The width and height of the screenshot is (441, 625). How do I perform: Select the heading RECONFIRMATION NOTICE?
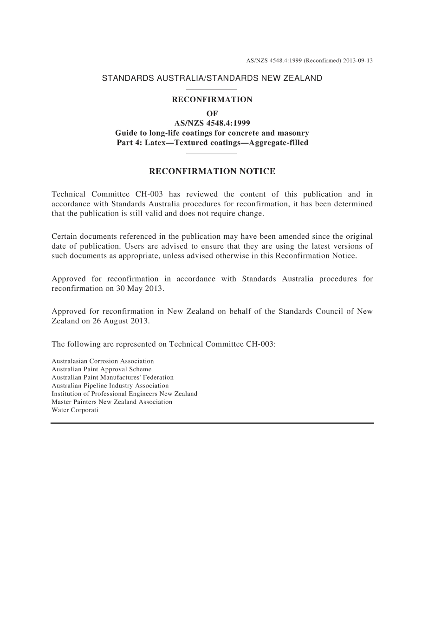click(212, 171)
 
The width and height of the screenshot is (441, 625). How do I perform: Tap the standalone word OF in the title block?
click(212, 113)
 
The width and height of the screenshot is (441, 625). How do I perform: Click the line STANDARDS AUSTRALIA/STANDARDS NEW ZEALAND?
click(212, 78)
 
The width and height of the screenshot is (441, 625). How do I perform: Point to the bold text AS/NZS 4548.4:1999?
click(212, 123)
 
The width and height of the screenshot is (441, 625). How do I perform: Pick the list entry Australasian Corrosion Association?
click(103, 361)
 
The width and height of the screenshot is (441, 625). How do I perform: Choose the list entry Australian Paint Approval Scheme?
click(101, 369)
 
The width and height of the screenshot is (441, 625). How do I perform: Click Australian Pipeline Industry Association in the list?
click(110, 386)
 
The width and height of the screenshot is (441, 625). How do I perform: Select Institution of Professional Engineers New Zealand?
click(124, 394)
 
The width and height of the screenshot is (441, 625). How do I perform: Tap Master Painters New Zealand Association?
click(112, 402)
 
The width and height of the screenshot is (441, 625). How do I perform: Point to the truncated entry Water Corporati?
click(75, 410)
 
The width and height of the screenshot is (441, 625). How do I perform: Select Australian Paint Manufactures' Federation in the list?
click(112, 377)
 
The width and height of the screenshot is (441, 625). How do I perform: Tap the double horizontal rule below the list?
click(212, 423)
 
